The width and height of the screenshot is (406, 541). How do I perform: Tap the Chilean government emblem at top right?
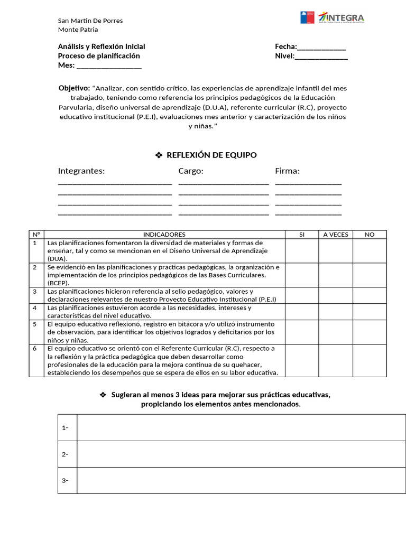(308, 18)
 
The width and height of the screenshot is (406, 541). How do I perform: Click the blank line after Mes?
(109, 66)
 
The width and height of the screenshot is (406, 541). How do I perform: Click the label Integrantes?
(81, 171)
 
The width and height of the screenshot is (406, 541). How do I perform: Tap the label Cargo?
(191, 171)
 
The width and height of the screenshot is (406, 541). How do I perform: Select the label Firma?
(287, 171)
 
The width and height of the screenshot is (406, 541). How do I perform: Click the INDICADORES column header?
(164, 234)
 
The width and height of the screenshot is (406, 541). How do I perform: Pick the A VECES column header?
(335, 234)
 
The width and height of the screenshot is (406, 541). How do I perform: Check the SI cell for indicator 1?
(302, 250)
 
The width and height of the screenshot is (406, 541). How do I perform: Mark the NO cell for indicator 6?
(370, 361)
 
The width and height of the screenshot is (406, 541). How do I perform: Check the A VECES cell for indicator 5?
(335, 332)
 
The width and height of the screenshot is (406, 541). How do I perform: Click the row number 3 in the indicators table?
(35, 291)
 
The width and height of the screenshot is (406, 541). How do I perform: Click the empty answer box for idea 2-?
(241, 454)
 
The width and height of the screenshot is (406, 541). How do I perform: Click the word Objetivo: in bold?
(74, 88)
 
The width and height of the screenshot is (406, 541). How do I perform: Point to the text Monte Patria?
(78, 30)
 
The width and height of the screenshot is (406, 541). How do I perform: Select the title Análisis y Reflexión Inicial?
(101, 46)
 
